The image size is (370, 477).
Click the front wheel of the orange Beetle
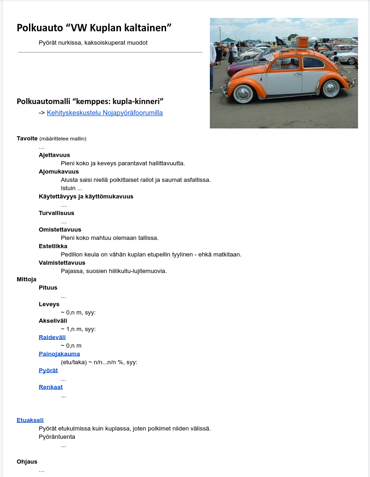tap(243, 93)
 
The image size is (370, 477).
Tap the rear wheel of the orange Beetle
tap(330, 88)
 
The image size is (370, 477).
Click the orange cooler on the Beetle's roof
tap(301, 42)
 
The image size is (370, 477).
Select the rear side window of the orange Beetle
tap(314, 62)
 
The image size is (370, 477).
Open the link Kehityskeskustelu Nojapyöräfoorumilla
tap(104, 113)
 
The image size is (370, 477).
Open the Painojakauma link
tap(59, 354)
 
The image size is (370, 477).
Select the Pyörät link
tap(48, 371)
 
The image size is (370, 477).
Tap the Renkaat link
tap(51, 387)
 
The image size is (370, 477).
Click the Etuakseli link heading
tap(30, 420)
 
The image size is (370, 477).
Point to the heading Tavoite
tap(27, 139)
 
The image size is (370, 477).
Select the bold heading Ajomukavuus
tap(58, 172)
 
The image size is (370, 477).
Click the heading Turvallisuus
tap(56, 213)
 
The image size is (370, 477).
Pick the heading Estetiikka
tap(53, 246)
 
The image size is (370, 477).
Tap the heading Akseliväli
tap(53, 321)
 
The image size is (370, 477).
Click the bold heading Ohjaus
tap(27, 462)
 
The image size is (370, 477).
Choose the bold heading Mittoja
tap(27, 279)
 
